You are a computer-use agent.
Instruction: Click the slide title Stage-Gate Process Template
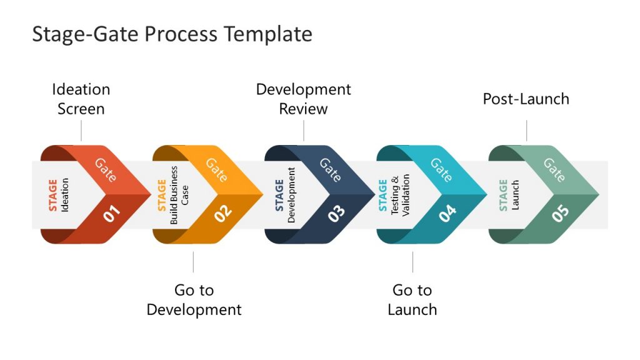tap(172, 34)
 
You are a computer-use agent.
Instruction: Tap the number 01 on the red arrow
tap(112, 214)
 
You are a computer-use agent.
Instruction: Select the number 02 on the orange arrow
tap(224, 213)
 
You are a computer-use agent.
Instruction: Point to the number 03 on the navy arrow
tap(336, 214)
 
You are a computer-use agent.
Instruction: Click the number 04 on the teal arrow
tap(448, 214)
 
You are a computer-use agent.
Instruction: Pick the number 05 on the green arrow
tap(561, 214)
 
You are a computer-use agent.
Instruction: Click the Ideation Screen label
tap(81, 99)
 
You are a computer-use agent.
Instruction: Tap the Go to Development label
tap(194, 299)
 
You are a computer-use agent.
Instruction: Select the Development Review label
tap(304, 99)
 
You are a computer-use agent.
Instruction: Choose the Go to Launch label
tap(412, 299)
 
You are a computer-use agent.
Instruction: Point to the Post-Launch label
tap(526, 99)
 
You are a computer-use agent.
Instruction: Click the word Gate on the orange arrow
tap(217, 169)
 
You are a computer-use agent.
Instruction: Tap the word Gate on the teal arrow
tap(441, 169)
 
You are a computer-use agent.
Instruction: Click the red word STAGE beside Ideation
tap(53, 195)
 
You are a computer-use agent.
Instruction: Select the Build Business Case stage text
tap(179, 195)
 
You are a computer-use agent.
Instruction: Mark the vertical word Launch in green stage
tap(516, 195)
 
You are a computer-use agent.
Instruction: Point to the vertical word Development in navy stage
tap(291, 195)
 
